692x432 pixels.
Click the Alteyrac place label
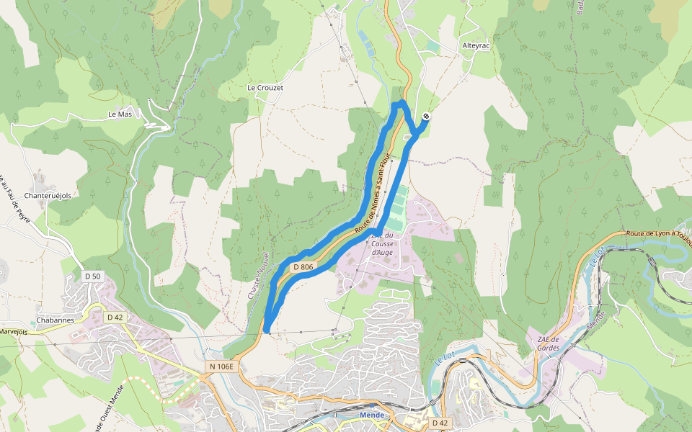point(476,45)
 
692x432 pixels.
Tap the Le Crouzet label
point(265,88)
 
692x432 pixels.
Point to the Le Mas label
point(120,114)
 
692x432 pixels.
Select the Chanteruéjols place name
point(50,195)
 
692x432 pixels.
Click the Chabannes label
point(55,320)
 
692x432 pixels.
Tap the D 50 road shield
point(93,276)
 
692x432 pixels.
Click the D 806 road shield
point(303,267)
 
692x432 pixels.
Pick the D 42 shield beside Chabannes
point(115,317)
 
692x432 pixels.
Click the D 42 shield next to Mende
point(440,422)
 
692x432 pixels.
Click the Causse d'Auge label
point(382,244)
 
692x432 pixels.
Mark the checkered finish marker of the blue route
point(427,116)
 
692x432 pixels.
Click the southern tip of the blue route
point(267,330)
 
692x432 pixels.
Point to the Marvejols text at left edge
point(13,332)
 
